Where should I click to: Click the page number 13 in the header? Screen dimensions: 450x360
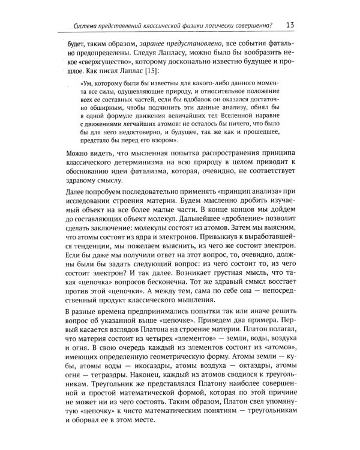(290, 25)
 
